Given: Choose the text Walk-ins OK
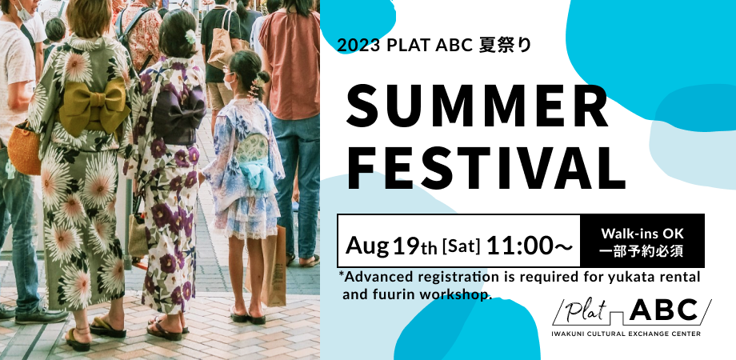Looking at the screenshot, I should pos(642,233).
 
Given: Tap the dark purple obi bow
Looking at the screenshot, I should pos(178,117).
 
